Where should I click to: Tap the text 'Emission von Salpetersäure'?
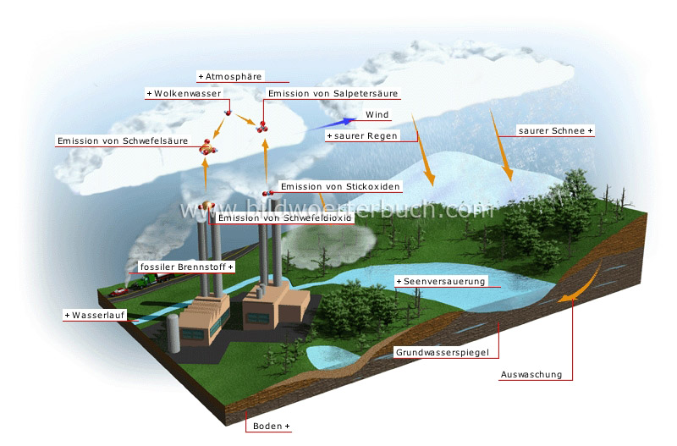(332, 93)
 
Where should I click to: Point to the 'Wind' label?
(377, 114)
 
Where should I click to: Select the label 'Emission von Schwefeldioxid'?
(284, 217)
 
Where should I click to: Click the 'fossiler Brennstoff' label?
(185, 267)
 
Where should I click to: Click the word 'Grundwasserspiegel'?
(445, 351)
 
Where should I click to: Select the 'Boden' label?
(271, 426)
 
